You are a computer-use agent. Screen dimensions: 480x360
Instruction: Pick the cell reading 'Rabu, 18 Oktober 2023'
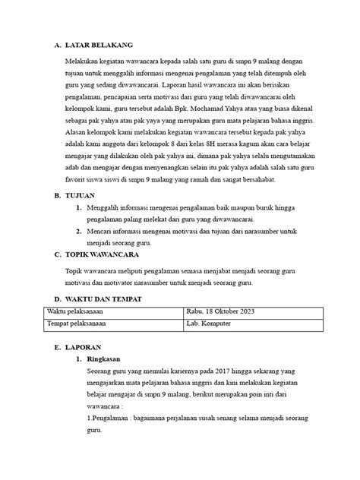221,311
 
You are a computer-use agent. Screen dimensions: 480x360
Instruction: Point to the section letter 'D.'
58,299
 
